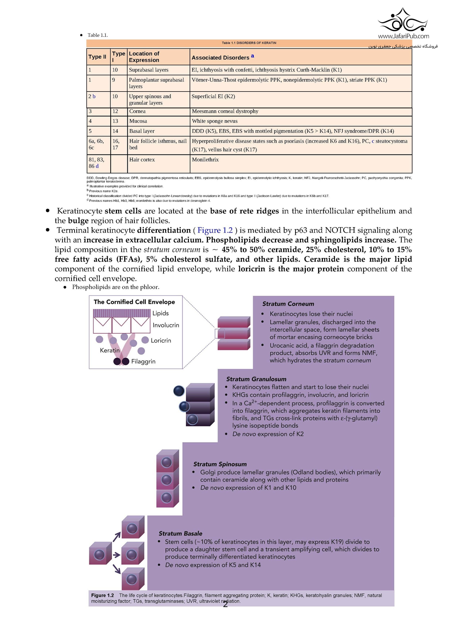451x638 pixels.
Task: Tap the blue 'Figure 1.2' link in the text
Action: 215,230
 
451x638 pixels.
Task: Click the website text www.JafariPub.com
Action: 403,36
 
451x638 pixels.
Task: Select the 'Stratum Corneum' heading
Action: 288,304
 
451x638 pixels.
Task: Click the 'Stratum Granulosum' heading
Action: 256,379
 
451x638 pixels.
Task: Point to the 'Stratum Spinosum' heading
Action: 220,464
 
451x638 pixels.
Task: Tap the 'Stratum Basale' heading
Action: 180,534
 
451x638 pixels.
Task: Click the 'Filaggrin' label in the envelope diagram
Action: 143,361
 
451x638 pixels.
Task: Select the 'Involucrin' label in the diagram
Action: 166,325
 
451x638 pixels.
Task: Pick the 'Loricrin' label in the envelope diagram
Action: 161,341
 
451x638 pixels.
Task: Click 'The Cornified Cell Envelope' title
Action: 134,302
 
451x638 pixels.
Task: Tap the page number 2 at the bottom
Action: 225,604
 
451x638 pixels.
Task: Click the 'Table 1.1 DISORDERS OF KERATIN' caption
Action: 249,43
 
